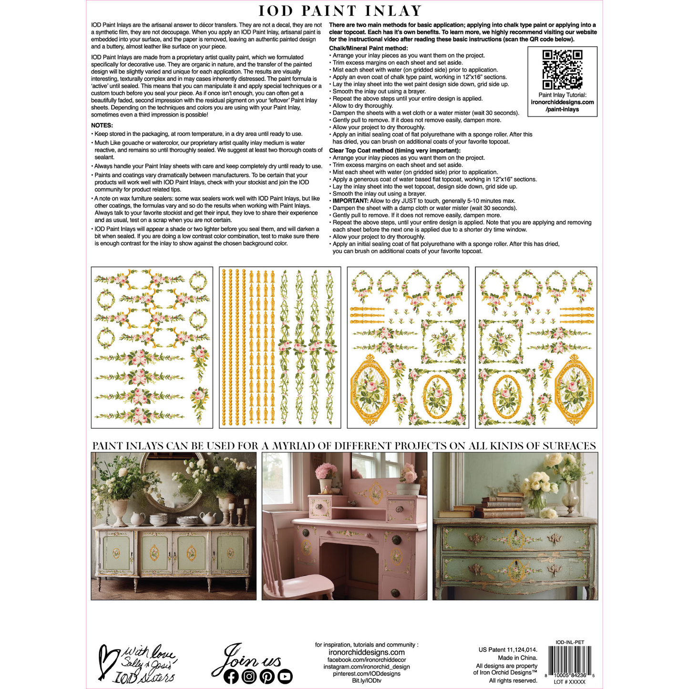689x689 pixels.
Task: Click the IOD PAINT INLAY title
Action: point(340,11)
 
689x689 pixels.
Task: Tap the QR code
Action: point(562,70)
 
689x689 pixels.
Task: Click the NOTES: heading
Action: point(102,125)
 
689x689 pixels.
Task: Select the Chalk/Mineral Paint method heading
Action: point(368,48)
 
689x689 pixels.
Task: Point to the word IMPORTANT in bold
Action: point(350,201)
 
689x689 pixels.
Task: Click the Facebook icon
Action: point(231,676)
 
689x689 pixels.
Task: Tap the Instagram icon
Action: point(249,676)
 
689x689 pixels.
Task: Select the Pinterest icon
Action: point(267,676)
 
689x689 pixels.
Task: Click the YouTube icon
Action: point(285,676)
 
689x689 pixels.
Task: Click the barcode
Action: point(570,660)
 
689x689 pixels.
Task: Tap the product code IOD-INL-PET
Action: point(570,642)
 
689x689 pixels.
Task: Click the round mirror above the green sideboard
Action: point(175,482)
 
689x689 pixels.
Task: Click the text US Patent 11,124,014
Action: point(508,649)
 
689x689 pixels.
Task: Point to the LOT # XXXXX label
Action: point(569,682)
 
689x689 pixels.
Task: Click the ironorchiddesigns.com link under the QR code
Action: point(562,102)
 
